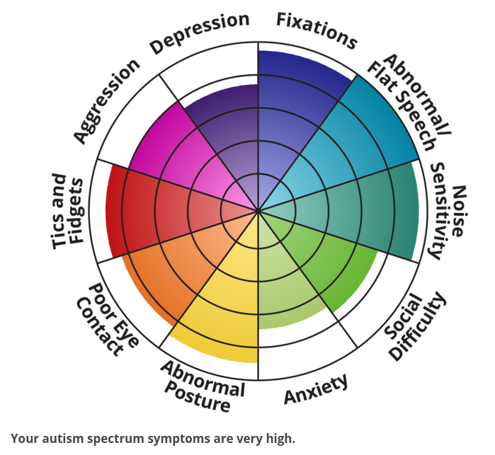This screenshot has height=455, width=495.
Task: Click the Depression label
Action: point(199,33)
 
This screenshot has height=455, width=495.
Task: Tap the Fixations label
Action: point(317,30)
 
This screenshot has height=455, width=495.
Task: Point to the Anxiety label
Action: point(316,389)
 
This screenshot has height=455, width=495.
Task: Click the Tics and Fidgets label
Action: point(69,212)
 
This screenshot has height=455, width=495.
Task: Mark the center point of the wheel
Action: point(258,210)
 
